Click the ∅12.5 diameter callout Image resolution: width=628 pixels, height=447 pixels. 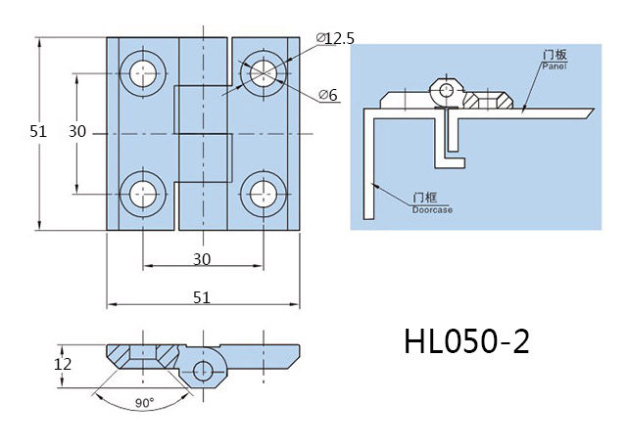coord(336,38)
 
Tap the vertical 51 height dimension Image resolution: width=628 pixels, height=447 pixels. coord(38,132)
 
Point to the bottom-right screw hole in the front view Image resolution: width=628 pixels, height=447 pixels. coord(262,192)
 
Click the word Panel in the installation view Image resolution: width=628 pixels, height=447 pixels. coord(555,66)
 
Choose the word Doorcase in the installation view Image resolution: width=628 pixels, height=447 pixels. coord(431,209)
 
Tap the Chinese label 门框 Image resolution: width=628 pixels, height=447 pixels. coord(425,199)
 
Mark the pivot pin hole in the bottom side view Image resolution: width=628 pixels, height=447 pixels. coord(203,371)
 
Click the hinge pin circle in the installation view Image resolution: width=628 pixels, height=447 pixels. coord(447,91)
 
